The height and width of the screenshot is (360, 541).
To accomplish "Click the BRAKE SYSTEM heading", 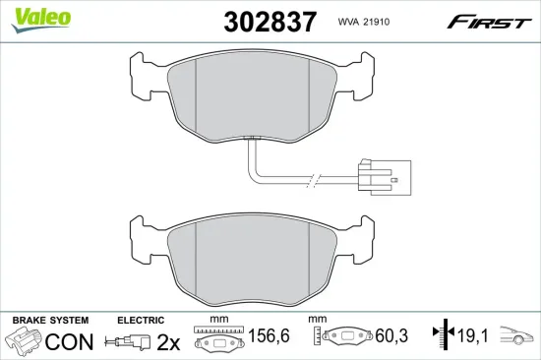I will point(49,321).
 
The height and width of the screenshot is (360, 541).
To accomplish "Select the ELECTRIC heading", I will point(142,321).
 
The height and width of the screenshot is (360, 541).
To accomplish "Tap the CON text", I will point(71,342).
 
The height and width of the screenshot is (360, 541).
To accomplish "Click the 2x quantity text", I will point(169,342).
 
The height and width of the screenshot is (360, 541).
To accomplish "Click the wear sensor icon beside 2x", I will point(132,343).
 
